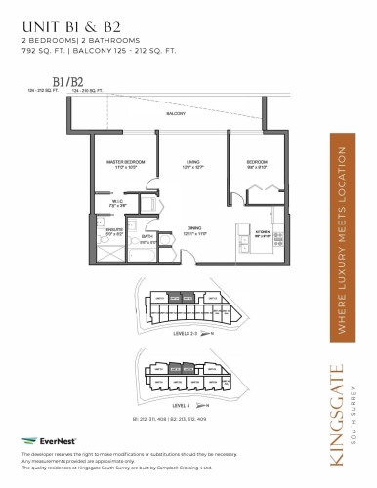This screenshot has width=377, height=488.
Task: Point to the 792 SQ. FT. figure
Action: pos(41,52)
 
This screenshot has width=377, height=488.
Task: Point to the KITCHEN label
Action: pos(261,233)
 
